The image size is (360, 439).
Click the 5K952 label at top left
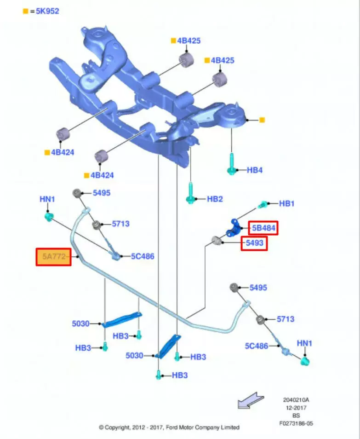click(45, 11)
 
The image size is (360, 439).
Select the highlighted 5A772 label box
click(53, 257)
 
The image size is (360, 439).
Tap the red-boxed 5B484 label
click(263, 228)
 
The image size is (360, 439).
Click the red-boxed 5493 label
click(254, 243)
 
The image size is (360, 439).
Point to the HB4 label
click(254, 170)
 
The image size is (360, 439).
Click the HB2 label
click(215, 199)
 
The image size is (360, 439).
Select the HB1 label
click(287, 203)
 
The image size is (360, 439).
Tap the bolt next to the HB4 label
click(232, 164)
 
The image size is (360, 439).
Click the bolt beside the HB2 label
click(190, 193)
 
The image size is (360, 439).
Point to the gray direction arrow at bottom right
click(250, 400)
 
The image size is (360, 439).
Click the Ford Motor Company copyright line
click(169, 427)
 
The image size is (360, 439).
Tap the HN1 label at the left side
click(47, 199)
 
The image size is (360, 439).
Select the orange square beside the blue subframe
click(262, 120)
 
